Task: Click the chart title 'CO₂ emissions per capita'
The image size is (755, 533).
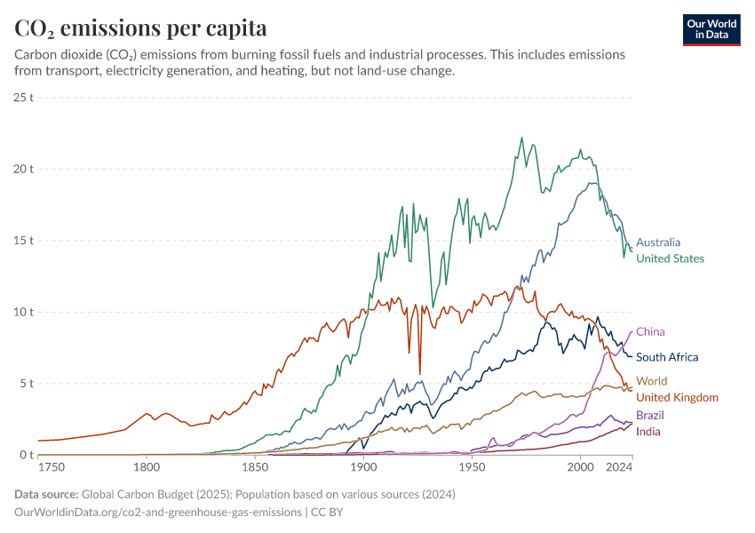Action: coord(140,28)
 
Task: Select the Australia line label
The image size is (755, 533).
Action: coord(658,242)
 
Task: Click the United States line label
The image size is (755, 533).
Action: coord(670,259)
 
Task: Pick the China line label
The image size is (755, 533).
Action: coord(650,331)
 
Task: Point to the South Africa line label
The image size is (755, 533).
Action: coord(667,357)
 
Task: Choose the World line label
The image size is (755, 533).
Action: coord(651,381)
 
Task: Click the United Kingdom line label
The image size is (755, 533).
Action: coord(677,397)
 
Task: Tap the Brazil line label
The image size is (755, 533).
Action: coord(650,415)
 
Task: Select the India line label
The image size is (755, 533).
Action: coord(648,431)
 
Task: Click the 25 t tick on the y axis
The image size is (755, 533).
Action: coord(24,97)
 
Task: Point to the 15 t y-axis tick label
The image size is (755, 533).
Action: coord(24,241)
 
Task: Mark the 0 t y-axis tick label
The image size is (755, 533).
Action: coord(27,455)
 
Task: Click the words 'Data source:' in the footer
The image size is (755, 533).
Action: coord(45,494)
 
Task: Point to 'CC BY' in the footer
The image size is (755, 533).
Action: coord(327,513)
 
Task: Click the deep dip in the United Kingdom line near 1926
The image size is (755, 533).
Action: coord(419,373)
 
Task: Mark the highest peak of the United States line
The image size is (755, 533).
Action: coord(521,138)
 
